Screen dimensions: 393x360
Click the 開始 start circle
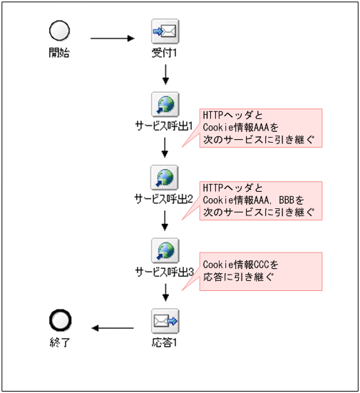click(x=59, y=30)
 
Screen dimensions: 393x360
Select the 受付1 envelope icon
click(x=165, y=31)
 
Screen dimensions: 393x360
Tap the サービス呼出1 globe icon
click(x=165, y=105)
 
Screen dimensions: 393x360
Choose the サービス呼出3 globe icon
click(x=165, y=250)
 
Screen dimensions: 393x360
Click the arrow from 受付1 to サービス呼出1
click(x=165, y=74)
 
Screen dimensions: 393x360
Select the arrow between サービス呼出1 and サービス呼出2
click(x=165, y=147)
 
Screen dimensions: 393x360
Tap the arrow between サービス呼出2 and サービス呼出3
click(x=165, y=220)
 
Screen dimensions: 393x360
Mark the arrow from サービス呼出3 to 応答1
click(x=165, y=291)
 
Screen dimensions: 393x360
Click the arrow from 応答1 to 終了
click(x=113, y=328)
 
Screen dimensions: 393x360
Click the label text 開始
click(x=59, y=52)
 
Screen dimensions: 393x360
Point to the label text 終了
click(x=59, y=342)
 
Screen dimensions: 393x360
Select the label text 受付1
click(x=165, y=52)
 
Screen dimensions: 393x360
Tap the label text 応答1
click(x=165, y=342)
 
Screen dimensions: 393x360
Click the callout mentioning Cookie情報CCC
click(x=260, y=270)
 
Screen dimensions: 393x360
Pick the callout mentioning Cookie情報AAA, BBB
click(x=260, y=200)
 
